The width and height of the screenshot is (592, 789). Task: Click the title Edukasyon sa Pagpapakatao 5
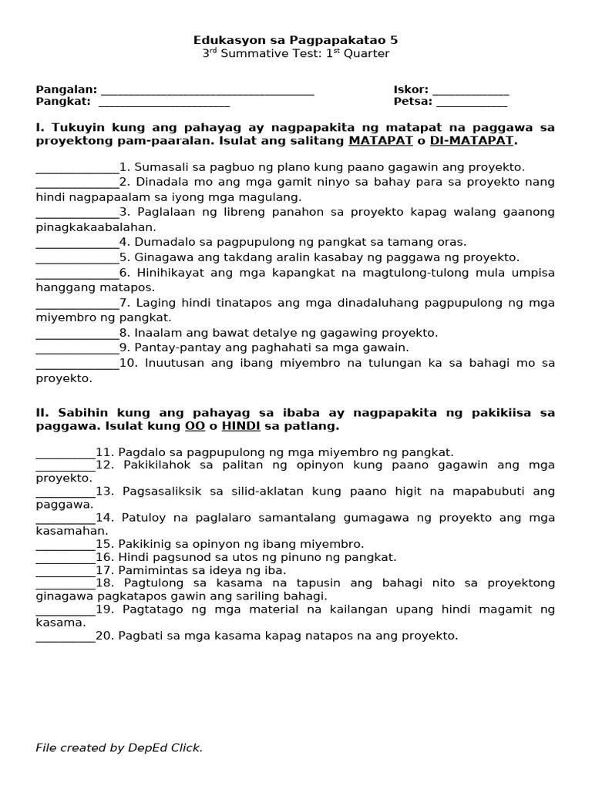pos(295,39)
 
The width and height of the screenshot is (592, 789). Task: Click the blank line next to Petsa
pos(471,102)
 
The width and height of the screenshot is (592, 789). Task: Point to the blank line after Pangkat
pos(163,102)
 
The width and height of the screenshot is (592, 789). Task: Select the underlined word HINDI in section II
pos(240,426)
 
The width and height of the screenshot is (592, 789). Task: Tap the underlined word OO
pos(193,426)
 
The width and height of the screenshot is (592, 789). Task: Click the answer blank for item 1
pos(77,167)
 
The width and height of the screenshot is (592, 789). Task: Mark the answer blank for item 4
pos(77,242)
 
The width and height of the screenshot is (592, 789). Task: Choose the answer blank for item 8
pos(77,333)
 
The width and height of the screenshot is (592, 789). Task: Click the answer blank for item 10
pos(77,363)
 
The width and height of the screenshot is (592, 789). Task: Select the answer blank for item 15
pos(65,544)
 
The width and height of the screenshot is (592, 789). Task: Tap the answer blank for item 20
pos(65,636)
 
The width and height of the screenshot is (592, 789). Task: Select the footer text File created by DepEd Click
pos(119,747)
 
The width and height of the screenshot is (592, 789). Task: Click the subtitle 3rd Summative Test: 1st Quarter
pos(295,54)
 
